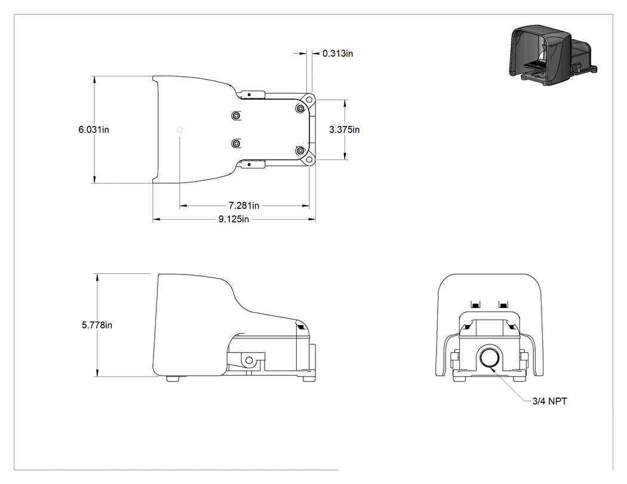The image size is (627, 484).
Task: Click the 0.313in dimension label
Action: click(x=337, y=54)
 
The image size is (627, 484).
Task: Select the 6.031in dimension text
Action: click(x=94, y=130)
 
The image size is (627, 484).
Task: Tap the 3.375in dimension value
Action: click(x=345, y=130)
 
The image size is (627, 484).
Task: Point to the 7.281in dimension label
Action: click(x=244, y=205)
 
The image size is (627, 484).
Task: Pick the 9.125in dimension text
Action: click(x=233, y=219)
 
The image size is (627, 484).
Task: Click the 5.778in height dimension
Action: click(x=97, y=325)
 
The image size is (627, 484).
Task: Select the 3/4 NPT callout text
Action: click(x=549, y=401)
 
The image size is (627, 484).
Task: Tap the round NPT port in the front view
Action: click(x=488, y=357)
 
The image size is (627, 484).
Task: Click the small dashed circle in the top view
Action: click(x=180, y=130)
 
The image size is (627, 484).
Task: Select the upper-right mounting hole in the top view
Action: click(x=309, y=99)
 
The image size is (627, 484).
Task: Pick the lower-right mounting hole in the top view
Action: click(x=309, y=160)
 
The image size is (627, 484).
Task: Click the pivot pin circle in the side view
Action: click(x=249, y=360)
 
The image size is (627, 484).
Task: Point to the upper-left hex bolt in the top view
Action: click(x=236, y=116)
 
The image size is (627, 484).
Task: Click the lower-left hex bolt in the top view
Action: click(x=236, y=143)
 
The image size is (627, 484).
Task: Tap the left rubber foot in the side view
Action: click(x=173, y=378)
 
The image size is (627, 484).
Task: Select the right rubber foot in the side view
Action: click(x=308, y=378)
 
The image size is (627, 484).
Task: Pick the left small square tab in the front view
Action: click(x=475, y=305)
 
